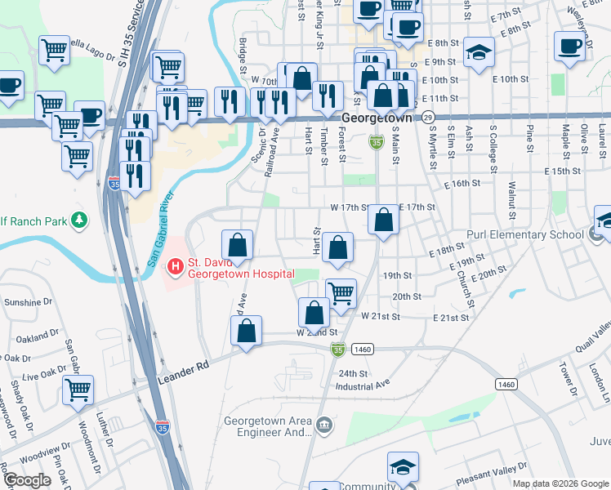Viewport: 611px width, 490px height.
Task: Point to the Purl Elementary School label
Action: (525, 235)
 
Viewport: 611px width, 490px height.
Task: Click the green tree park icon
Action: (79, 220)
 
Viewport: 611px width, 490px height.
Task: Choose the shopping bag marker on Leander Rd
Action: (246, 331)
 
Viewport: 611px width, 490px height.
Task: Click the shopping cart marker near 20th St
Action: (341, 292)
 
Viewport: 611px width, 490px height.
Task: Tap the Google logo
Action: (27, 480)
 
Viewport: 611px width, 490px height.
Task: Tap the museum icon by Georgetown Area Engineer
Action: (324, 425)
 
